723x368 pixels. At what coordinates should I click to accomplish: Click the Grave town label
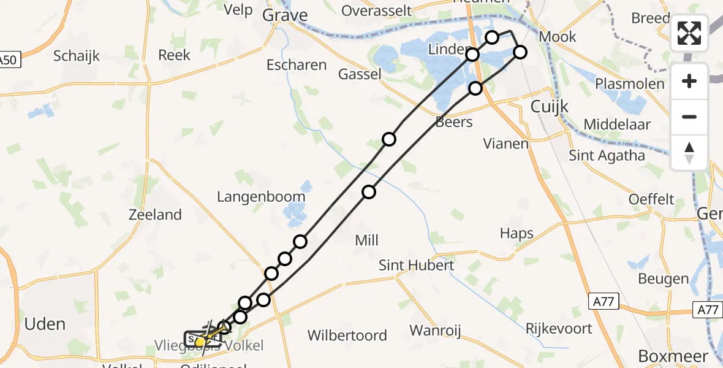pyautogui.click(x=285, y=15)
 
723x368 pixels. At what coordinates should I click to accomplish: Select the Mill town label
pyautogui.click(x=367, y=240)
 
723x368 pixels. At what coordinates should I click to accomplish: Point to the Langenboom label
pyautogui.click(x=261, y=197)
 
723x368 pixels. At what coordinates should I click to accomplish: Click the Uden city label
pyautogui.click(x=45, y=323)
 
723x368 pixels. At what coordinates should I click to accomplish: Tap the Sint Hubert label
pyautogui.click(x=417, y=265)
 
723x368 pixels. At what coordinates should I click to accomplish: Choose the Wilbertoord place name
pyautogui.click(x=347, y=335)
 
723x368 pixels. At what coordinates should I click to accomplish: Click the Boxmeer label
pyautogui.click(x=673, y=356)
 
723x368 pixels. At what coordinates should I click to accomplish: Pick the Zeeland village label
pyautogui.click(x=155, y=215)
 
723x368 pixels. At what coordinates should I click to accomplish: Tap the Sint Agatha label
pyautogui.click(x=607, y=155)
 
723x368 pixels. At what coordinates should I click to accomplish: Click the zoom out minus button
pyautogui.click(x=689, y=117)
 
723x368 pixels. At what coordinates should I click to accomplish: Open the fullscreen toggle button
pyautogui.click(x=689, y=33)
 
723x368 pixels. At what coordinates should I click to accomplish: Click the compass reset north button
pyautogui.click(x=689, y=152)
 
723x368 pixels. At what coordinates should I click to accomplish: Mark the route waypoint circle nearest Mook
pyautogui.click(x=520, y=52)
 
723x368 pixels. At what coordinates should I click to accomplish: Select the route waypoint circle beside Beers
pyautogui.click(x=475, y=88)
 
